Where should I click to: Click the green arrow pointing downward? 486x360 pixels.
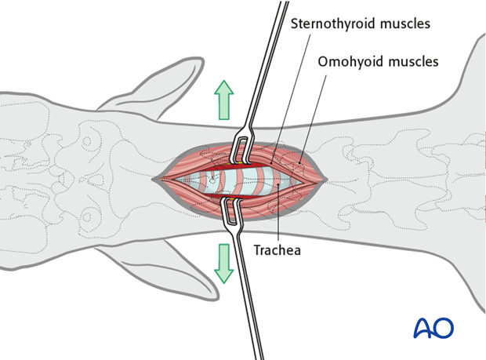point(225,262)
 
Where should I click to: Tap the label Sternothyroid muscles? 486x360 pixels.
point(360,24)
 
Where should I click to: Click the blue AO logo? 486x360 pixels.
point(433,328)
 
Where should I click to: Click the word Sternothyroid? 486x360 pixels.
point(330,24)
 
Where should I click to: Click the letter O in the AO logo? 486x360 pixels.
point(444,328)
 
